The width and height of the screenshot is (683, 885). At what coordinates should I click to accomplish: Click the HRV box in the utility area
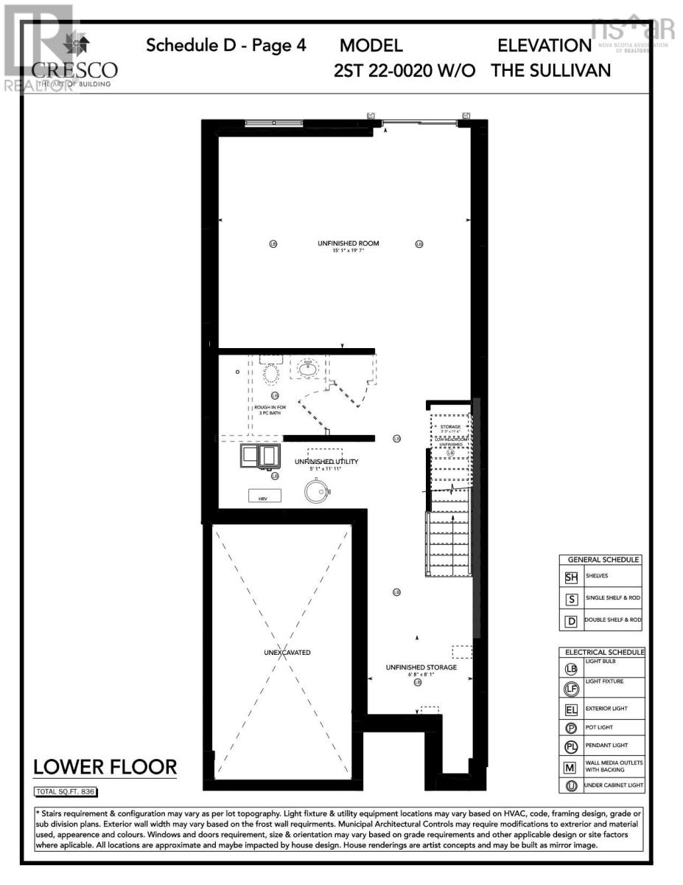262,498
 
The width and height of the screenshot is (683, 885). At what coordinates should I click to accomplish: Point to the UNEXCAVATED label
287,653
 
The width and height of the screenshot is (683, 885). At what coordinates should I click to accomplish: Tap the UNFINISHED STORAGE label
421,667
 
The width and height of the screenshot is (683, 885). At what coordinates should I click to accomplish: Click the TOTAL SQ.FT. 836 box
66,792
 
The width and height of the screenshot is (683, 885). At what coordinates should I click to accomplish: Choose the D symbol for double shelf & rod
570,621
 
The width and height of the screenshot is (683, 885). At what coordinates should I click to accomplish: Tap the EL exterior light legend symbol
571,711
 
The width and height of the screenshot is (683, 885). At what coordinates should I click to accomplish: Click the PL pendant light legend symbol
571,746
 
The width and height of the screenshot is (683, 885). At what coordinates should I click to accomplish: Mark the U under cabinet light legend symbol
571,786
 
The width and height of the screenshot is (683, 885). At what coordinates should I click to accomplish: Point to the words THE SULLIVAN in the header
550,70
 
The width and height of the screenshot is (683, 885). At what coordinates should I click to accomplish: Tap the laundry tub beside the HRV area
260,457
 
